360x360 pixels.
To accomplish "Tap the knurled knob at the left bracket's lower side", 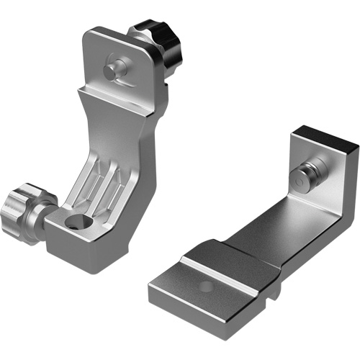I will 26,204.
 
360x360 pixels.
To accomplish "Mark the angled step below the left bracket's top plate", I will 115,101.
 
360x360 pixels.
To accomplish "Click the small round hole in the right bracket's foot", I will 206,286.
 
